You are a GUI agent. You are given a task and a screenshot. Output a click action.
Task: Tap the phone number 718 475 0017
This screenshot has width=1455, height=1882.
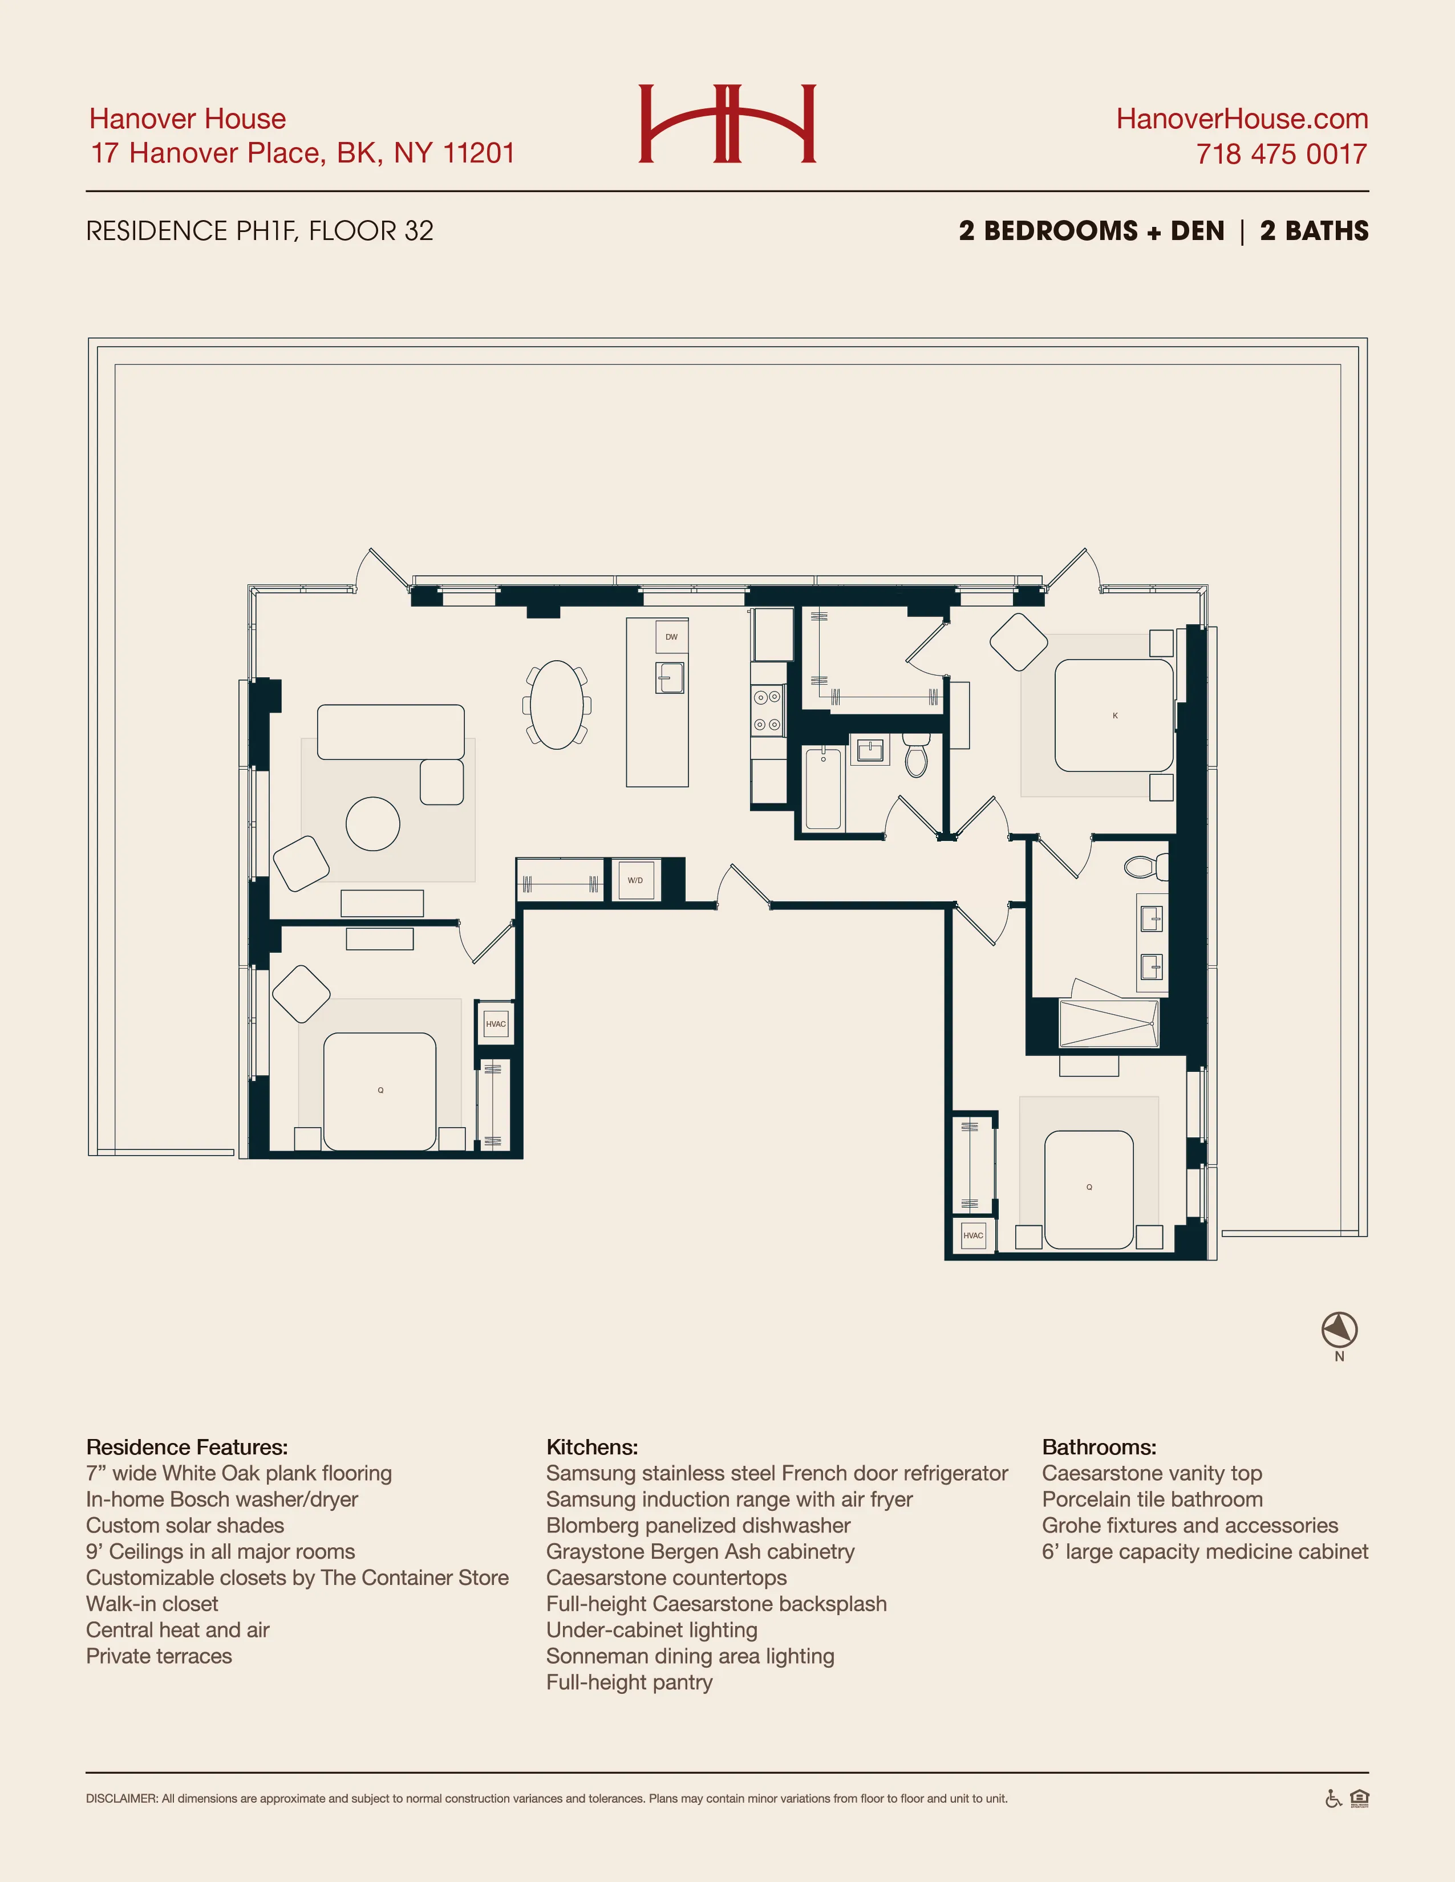click(x=1281, y=155)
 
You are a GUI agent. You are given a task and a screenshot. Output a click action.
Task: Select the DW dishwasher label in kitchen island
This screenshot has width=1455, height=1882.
click(x=671, y=637)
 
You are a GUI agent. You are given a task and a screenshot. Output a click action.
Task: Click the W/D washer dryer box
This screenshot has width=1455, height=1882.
click(x=635, y=880)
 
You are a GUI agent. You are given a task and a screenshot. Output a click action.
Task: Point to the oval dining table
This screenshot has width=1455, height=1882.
click(x=557, y=705)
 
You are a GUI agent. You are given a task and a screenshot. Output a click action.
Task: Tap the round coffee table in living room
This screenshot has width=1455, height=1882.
click(x=372, y=824)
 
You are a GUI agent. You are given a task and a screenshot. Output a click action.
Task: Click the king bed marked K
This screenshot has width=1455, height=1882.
click(x=1114, y=716)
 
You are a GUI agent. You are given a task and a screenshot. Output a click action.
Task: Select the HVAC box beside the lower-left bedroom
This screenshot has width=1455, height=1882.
click(x=496, y=1024)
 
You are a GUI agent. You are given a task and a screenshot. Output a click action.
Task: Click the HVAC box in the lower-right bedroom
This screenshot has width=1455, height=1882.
click(x=973, y=1235)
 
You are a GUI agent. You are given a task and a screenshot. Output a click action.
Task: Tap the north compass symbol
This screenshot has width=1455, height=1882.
click(x=1339, y=1330)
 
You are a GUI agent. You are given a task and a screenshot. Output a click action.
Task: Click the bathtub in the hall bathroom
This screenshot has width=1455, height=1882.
click(x=822, y=788)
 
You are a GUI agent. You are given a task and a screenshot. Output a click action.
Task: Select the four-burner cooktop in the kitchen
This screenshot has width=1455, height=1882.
click(x=767, y=710)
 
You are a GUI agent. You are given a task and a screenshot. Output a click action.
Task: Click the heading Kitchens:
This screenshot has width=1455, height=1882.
click(x=592, y=1447)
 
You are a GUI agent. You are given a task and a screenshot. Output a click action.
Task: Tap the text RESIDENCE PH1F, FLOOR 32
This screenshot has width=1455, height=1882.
click(x=260, y=231)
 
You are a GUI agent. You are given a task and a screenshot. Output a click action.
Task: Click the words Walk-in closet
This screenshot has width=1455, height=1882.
click(x=152, y=1604)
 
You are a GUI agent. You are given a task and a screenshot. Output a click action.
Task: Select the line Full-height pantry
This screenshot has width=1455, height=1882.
click(x=629, y=1682)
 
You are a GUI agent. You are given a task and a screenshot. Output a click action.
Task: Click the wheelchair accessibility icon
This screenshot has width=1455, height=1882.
click(x=1332, y=1799)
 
